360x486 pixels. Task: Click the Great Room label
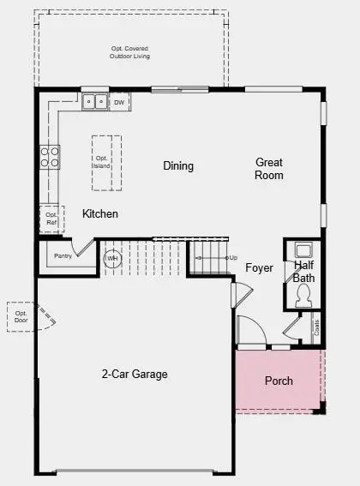[268, 169]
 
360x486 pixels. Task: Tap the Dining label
[178, 165]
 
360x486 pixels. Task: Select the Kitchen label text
[100, 213]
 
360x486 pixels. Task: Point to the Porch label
[279, 381]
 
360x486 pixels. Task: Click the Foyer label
[259, 268]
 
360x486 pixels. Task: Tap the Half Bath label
[303, 272]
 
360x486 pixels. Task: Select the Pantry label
[63, 255]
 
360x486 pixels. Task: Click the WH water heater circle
[112, 257]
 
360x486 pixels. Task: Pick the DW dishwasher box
[119, 102]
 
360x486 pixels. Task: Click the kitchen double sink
[94, 102]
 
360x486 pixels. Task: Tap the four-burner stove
[50, 155]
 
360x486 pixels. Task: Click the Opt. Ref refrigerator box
[51, 218]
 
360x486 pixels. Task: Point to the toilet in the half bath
[303, 296]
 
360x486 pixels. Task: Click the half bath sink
[303, 250]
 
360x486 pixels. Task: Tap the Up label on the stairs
[231, 257]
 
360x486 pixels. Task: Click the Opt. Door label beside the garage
[21, 316]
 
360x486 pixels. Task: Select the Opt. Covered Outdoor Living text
[129, 52]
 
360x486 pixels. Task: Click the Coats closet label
[316, 327]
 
